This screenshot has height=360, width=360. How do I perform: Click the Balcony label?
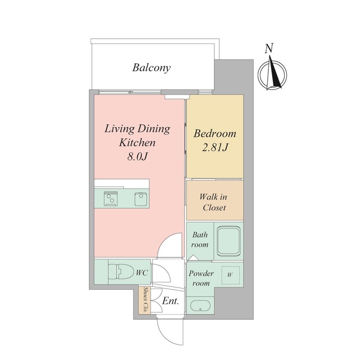tap(151, 67)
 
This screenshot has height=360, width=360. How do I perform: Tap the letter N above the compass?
tap(269, 48)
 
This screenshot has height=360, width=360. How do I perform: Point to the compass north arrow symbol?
tap(272, 74)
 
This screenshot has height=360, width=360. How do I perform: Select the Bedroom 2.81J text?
tap(215, 140)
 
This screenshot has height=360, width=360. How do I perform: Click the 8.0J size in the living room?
tap(137, 156)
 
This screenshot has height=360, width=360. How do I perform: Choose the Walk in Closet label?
tap(213, 202)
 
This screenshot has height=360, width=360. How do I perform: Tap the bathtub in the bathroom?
tap(229, 241)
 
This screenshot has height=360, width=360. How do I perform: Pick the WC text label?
tap(142, 273)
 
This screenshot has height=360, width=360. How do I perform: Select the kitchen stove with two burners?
tap(111, 199)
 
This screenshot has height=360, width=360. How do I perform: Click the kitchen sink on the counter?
tap(141, 199)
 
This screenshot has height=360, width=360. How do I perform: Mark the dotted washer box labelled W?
tap(231, 275)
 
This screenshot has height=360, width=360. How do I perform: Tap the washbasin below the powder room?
tap(200, 306)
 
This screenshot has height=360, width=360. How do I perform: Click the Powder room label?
tap(201, 278)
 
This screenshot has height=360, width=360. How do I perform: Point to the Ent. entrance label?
tap(170, 301)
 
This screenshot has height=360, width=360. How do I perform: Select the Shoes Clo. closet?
tap(145, 300)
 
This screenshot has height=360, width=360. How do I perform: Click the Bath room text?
tap(200, 240)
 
